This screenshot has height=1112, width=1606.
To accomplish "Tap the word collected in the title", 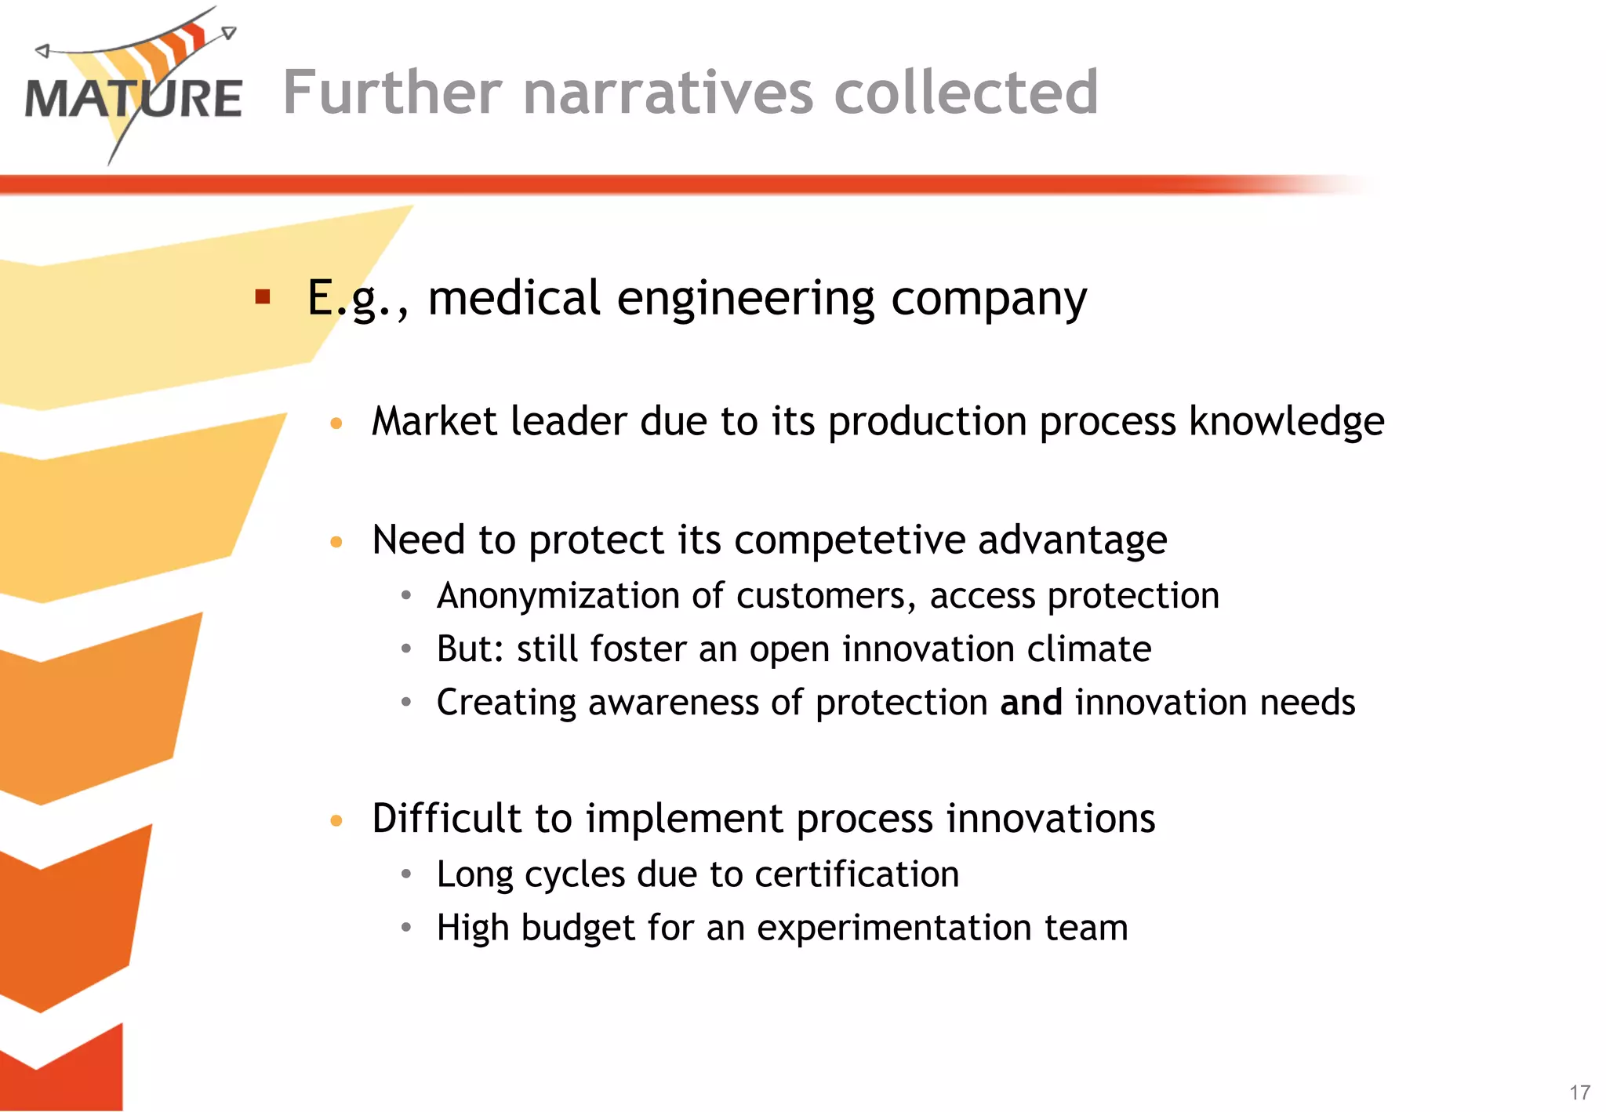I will point(965,93).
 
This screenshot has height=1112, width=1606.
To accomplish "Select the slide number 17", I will point(1579,1092).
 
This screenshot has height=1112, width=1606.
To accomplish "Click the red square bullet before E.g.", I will point(263,296).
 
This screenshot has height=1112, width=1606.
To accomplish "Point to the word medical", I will point(514,298).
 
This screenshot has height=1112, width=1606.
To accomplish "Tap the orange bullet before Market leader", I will point(336,423).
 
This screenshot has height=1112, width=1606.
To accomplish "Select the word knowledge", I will point(1286,422).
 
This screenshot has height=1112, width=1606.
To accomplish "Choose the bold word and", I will point(1031,702).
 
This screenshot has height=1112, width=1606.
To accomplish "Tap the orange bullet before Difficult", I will point(336,820).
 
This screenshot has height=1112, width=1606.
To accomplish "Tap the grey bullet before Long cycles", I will point(405,874).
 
